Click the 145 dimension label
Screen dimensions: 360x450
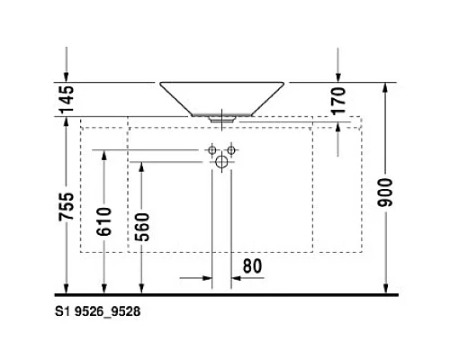tap(64, 98)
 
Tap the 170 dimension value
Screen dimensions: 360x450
tap(338, 99)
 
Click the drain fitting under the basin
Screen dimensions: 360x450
tap(223, 117)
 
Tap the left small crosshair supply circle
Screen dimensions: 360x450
tap(212, 148)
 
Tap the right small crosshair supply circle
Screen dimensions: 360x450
tap(231, 148)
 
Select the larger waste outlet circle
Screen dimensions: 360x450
tap(221, 162)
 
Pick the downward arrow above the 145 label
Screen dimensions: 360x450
tap(65, 76)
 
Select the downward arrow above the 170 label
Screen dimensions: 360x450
tap(338, 76)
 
